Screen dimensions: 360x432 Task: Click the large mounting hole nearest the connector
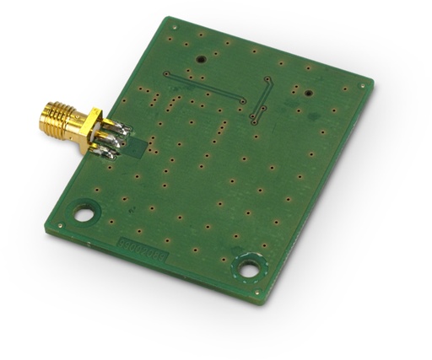click(x=84, y=212)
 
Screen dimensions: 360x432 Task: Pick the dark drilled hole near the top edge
click(x=201, y=59)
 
